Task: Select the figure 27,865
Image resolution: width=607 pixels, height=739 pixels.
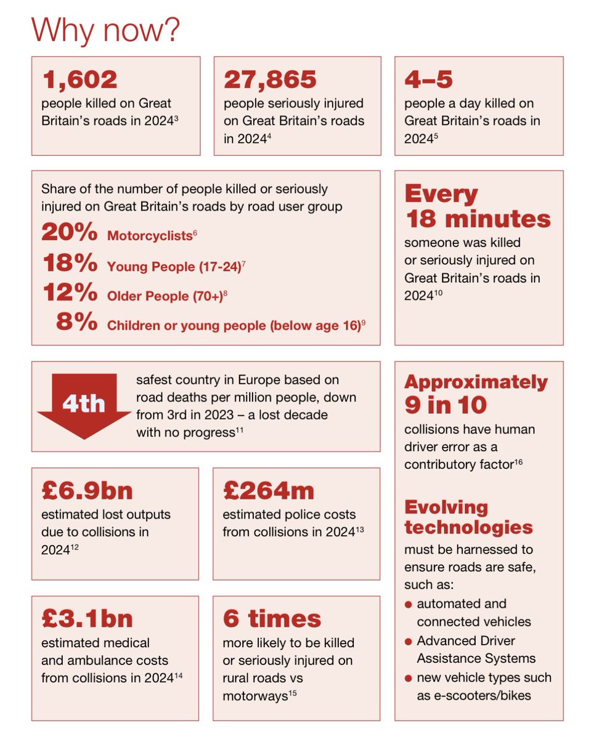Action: pyautogui.click(x=270, y=79)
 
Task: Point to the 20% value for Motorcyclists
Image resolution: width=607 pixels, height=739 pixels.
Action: pyautogui.click(x=69, y=233)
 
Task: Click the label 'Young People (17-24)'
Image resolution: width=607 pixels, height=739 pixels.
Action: pyautogui.click(x=174, y=267)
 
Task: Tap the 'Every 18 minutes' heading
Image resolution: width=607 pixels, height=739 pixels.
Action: pyautogui.click(x=477, y=206)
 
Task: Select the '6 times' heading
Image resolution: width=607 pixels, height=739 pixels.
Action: pyautogui.click(x=272, y=618)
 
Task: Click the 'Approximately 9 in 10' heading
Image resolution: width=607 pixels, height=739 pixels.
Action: pyautogui.click(x=475, y=393)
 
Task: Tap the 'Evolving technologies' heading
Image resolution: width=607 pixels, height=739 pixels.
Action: pyautogui.click(x=468, y=517)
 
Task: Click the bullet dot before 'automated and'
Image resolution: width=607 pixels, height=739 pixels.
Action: pyautogui.click(x=408, y=604)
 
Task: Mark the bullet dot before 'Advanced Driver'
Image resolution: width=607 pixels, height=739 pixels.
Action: pyautogui.click(x=408, y=642)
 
